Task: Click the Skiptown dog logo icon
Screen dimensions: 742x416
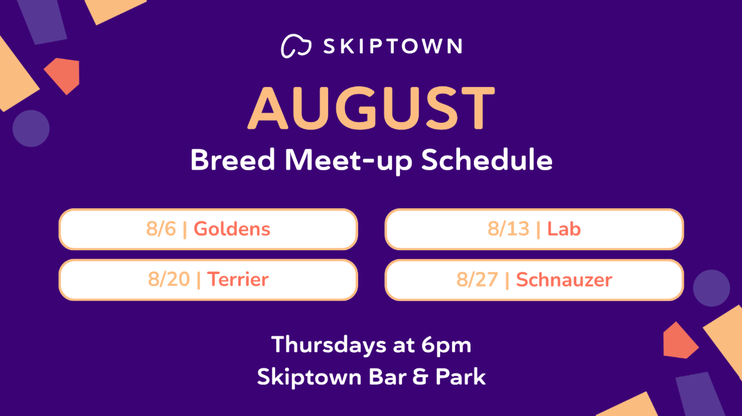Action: (x=296, y=46)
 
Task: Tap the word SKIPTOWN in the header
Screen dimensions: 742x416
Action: (x=393, y=46)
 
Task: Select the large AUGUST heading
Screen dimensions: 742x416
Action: (x=371, y=108)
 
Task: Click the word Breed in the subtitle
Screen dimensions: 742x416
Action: (x=233, y=160)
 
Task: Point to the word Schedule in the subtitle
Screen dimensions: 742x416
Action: (x=487, y=160)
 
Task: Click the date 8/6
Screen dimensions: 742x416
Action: (x=161, y=229)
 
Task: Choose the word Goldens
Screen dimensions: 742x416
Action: (x=232, y=229)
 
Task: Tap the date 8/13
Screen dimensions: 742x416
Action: (x=508, y=229)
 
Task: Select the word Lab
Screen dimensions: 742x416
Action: (x=564, y=229)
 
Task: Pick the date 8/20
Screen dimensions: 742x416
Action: (x=169, y=279)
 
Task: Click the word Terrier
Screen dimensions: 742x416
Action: (x=238, y=279)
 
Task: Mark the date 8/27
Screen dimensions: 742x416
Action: (x=477, y=280)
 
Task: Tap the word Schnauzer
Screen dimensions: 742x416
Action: (x=564, y=280)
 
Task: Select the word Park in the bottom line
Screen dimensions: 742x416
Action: (x=461, y=377)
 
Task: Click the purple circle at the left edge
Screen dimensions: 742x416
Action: (x=31, y=128)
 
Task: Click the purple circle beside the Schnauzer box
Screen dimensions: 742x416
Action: (x=711, y=288)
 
